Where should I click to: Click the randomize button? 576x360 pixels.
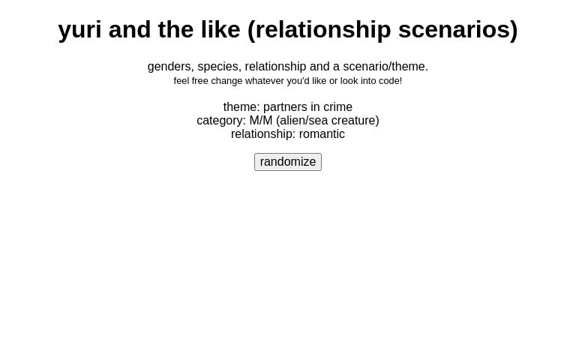click(x=288, y=162)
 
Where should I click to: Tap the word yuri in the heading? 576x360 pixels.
click(x=79, y=29)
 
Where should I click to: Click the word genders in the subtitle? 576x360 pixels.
click(x=169, y=67)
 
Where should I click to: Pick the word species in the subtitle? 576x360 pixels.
click(x=217, y=67)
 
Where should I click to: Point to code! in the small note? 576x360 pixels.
click(x=388, y=81)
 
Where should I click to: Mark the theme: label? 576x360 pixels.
click(x=241, y=107)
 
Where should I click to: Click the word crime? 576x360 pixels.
click(x=337, y=107)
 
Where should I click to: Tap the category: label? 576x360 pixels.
click(x=221, y=121)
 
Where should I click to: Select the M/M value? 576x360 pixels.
click(x=261, y=121)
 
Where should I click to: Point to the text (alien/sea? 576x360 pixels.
click(x=302, y=121)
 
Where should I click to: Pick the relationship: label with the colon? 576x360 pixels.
click(x=263, y=134)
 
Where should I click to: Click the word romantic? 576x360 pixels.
click(x=322, y=134)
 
